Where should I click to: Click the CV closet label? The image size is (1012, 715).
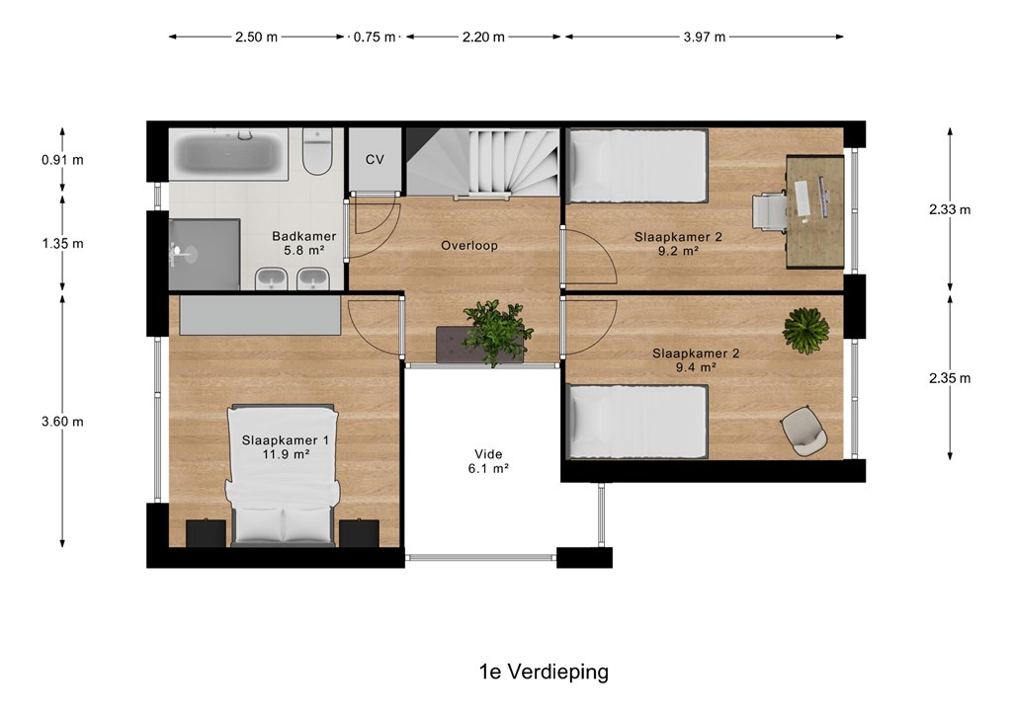point(375,159)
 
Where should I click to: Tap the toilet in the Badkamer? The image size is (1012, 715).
point(317,151)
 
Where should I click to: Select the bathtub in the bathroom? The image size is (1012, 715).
point(228,154)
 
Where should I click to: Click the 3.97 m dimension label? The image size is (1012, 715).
point(704,37)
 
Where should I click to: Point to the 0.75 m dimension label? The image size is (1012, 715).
point(375,37)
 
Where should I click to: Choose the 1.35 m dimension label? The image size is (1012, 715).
point(62,244)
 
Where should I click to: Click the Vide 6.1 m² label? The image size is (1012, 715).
point(488,461)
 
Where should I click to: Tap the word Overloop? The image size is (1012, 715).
point(469,246)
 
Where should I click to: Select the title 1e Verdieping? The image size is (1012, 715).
point(544,672)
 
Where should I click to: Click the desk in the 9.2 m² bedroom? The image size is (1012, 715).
point(815,211)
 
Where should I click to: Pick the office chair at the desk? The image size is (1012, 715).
point(769,211)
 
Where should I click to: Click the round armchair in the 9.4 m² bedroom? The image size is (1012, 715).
point(803,431)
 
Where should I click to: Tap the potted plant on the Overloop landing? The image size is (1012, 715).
point(497,332)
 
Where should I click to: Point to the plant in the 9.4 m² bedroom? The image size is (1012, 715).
point(805,331)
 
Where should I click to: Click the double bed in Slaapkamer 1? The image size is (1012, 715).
point(282,476)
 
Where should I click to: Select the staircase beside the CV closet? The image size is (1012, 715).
point(482,162)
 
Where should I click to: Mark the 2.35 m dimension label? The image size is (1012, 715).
point(950,378)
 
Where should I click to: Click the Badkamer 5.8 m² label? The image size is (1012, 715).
point(303,244)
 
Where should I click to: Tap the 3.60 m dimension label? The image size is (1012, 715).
point(62,422)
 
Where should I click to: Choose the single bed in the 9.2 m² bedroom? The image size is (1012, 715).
point(637,166)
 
